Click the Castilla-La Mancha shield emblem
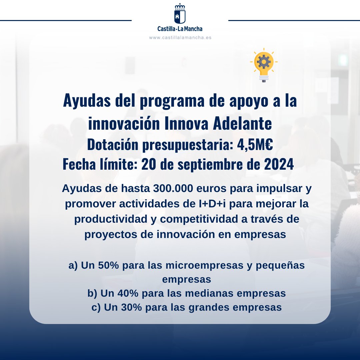pos(180,13)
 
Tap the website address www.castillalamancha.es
pos(180,38)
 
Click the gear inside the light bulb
pos(264,62)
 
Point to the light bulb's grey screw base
pos(264,78)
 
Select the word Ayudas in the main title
pos(87,101)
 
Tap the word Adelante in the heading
pos(242,123)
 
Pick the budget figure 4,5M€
pos(255,145)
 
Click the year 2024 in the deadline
pos(279,164)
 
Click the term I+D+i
pos(212,204)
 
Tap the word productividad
pos(111,219)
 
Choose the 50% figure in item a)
pos(109,265)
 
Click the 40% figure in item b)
pos(128,293)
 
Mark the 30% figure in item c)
pos(132,307)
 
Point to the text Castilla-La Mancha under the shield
pos(180,29)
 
